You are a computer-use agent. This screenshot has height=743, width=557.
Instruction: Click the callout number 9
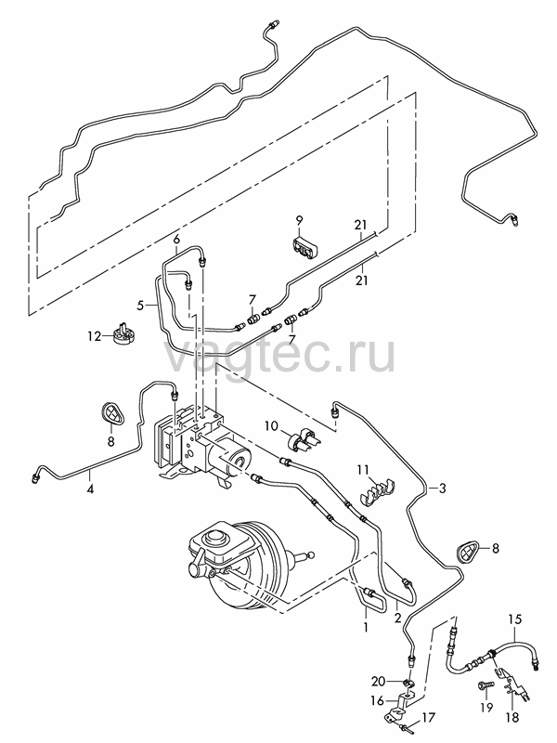299,220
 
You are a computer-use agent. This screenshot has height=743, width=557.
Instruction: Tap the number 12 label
95,336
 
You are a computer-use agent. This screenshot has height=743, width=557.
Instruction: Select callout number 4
90,489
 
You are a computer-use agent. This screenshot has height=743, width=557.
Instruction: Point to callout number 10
271,425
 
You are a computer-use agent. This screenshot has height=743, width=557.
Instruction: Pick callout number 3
443,489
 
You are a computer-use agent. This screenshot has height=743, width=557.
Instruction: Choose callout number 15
515,619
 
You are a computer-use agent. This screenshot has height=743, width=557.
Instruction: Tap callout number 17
428,717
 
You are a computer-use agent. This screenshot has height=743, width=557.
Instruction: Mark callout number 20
379,681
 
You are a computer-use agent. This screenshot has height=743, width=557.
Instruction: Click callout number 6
176,240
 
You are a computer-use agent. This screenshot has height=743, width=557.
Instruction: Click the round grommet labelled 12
123,332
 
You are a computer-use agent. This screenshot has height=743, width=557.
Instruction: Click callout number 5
140,306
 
